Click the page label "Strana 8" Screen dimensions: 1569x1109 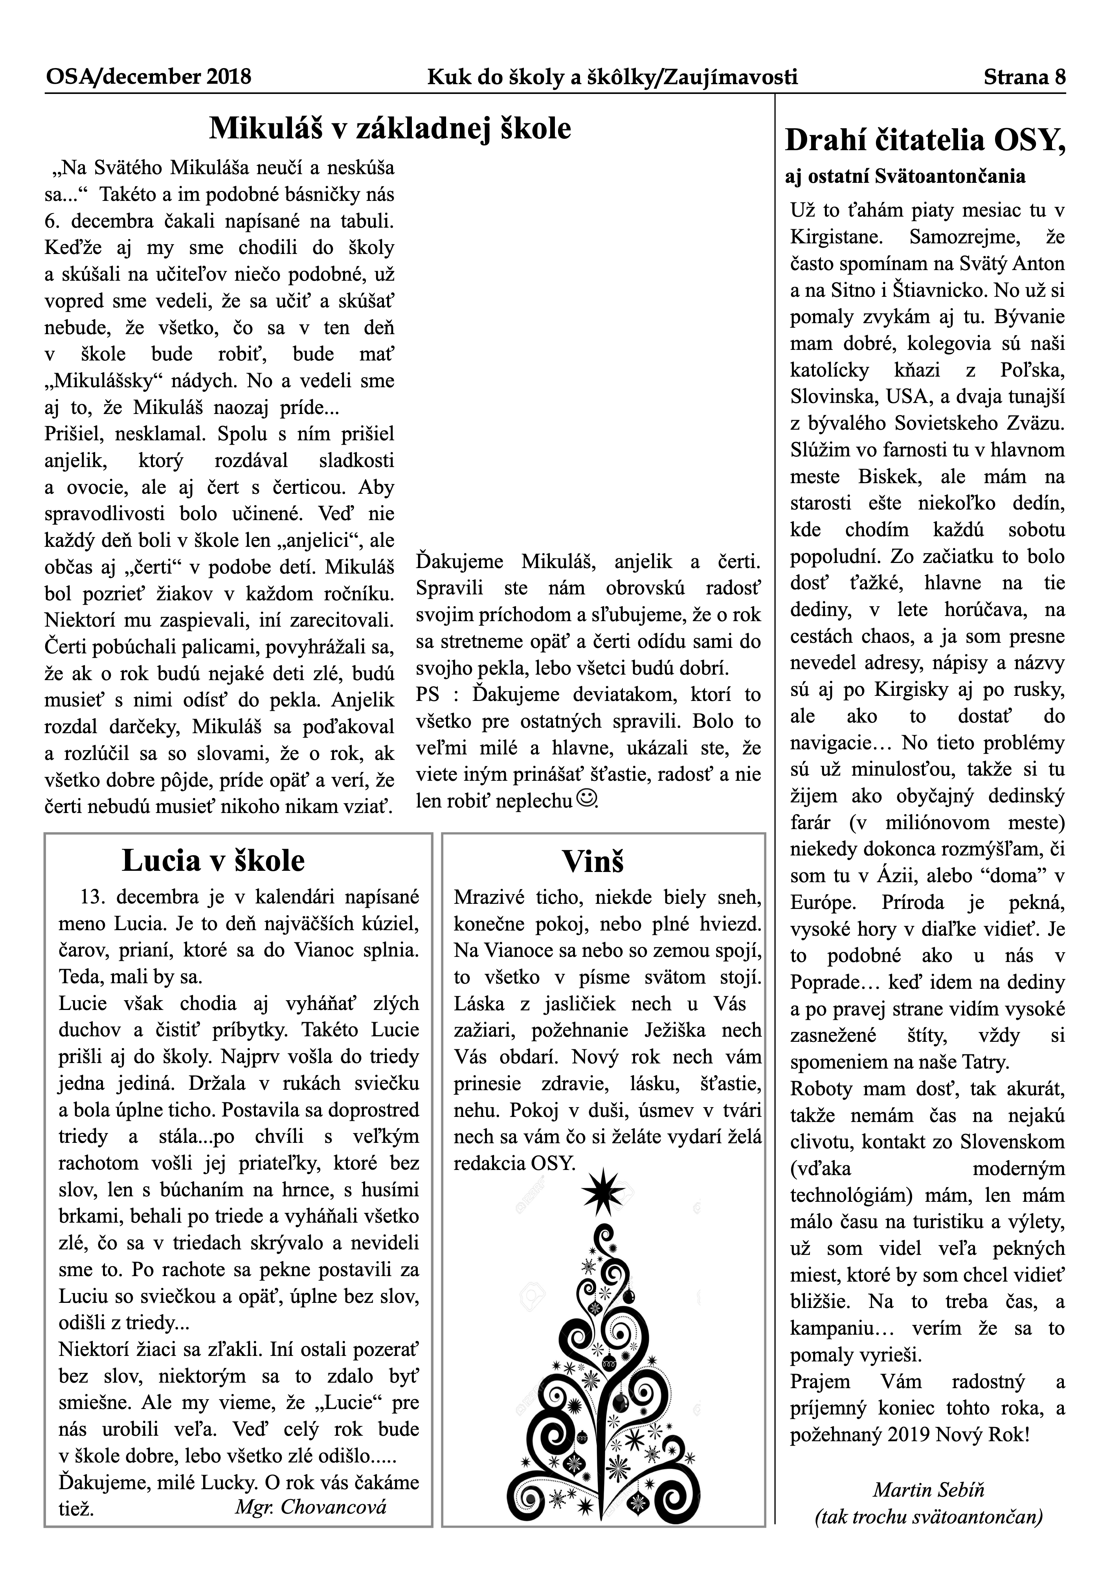(1024, 77)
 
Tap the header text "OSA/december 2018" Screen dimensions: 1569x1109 (148, 77)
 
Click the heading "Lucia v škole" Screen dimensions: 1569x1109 (213, 860)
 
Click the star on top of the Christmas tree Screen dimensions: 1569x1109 (602, 1190)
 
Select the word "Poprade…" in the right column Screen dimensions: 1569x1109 (834, 982)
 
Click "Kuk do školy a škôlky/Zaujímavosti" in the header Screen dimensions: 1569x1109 (612, 77)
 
